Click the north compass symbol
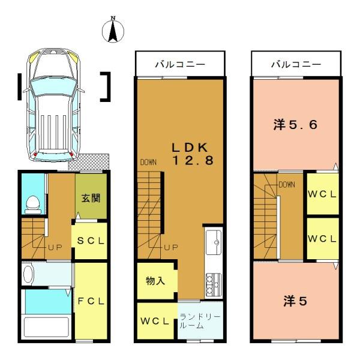[x=113, y=30]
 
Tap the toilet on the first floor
[x=32, y=205]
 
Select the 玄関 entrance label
[x=91, y=198]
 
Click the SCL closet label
[x=91, y=241]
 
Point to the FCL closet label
[x=91, y=301]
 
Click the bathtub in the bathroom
[x=47, y=327]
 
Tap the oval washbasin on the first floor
[x=28, y=274]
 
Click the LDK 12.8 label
[x=193, y=154]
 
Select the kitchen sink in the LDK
[x=214, y=242]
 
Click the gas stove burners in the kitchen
[x=214, y=284]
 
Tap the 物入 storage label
[x=155, y=281]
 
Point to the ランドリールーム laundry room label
[x=200, y=321]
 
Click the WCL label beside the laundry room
[x=155, y=321]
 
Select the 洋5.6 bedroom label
[x=295, y=125]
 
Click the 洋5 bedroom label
[x=295, y=301]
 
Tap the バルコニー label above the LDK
[x=180, y=65]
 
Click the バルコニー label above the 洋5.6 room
[x=296, y=65]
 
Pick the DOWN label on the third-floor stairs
[x=287, y=185]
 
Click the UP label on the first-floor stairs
[x=55, y=247]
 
